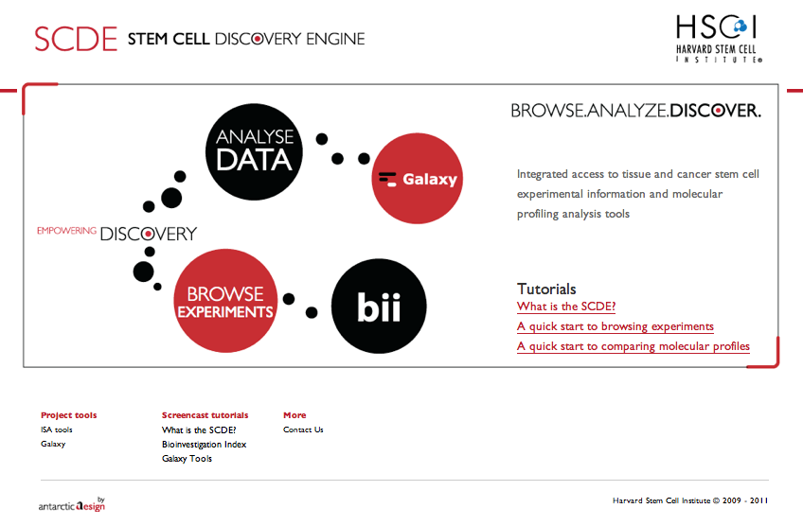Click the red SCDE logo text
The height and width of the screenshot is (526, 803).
tap(75, 39)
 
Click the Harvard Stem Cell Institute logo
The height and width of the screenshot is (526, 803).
tap(719, 38)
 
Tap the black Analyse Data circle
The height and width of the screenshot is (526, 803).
tap(254, 151)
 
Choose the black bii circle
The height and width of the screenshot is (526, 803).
tap(379, 306)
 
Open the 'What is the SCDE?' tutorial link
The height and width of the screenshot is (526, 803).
tap(566, 307)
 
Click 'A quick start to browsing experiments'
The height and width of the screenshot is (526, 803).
tap(615, 326)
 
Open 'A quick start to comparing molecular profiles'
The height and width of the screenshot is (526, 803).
tap(633, 346)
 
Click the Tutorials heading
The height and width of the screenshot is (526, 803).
tap(546, 289)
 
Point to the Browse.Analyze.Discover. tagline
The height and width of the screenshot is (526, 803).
tap(635, 111)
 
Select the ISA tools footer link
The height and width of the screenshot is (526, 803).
tap(57, 430)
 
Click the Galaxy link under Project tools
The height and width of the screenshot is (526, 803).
tap(53, 444)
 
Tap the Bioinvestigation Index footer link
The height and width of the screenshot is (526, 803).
tap(204, 445)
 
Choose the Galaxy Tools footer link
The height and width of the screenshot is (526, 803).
tap(187, 459)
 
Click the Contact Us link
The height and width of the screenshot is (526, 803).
tap(303, 430)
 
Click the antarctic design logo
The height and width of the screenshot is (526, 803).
tap(72, 504)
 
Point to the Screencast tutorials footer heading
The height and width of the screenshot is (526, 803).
tap(205, 415)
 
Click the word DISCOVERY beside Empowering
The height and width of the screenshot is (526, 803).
tap(149, 234)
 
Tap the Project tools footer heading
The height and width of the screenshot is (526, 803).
tap(68, 415)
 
